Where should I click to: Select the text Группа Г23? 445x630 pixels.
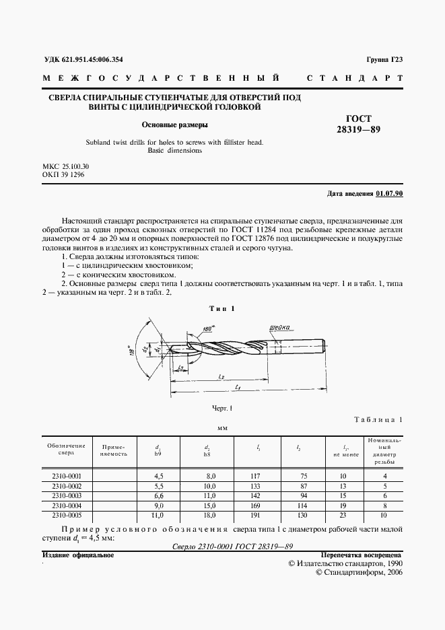[384, 59]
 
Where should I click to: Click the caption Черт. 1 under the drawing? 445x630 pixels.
[221, 409]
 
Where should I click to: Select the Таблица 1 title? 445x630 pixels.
[378, 419]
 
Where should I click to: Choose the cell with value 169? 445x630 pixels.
[259, 505]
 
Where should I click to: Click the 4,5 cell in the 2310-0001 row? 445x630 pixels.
[160, 476]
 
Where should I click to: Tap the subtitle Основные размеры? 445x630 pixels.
[174, 125]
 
